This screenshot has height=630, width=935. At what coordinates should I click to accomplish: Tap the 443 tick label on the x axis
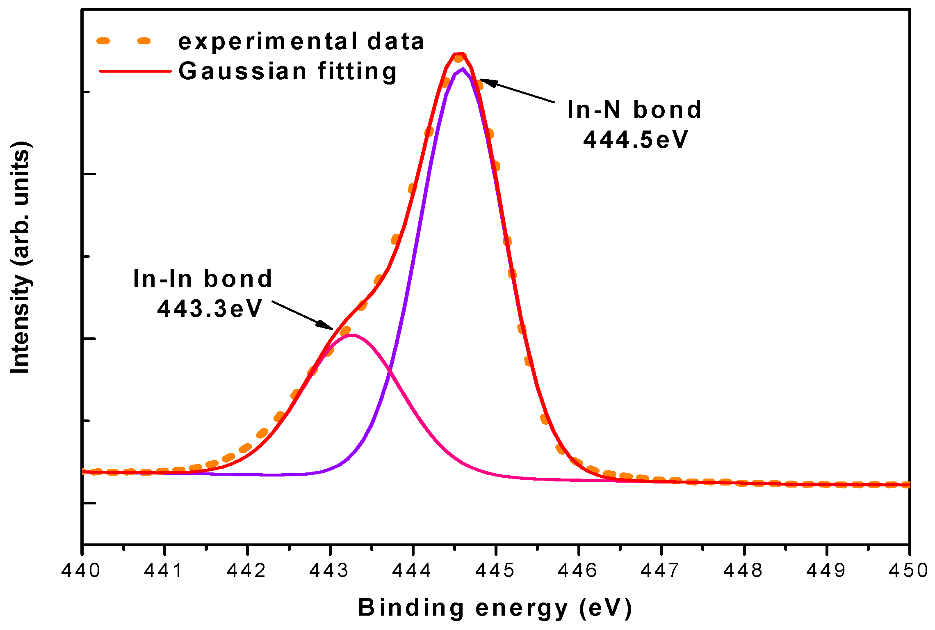[x=329, y=571]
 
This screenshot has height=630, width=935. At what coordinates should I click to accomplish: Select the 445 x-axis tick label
[x=495, y=571]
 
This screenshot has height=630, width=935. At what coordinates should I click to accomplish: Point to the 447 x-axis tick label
[x=661, y=571]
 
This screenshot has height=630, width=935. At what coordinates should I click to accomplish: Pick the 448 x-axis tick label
[x=743, y=571]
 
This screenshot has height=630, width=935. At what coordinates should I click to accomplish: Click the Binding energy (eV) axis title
[x=495, y=608]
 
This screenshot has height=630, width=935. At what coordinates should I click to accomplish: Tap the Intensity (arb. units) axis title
[x=21, y=257]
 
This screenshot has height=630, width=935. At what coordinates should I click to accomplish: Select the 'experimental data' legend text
[x=301, y=42]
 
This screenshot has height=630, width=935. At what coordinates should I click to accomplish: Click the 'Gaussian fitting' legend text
[x=287, y=71]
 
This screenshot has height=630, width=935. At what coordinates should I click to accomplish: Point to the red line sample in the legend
[x=135, y=71]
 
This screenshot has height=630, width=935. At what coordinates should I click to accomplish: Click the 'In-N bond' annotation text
[x=634, y=110]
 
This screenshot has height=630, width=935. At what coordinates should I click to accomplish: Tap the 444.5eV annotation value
[x=635, y=140]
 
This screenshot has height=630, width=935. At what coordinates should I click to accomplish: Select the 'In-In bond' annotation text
[x=203, y=279]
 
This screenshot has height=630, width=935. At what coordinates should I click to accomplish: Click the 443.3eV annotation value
[x=210, y=309]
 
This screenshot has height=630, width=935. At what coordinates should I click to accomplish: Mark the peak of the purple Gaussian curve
[x=462, y=69]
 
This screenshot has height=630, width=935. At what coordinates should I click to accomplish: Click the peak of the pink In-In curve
[x=353, y=335]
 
